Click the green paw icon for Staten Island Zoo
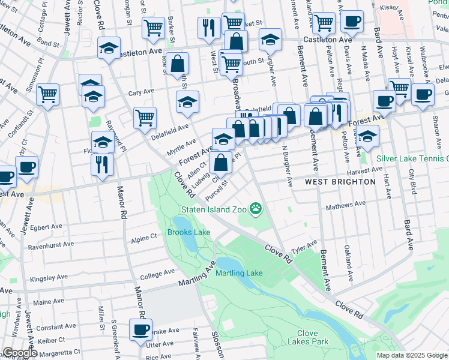click(256, 209)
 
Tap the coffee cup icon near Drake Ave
click(142, 329)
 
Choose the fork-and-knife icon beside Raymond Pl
click(103, 164)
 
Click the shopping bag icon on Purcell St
click(221, 161)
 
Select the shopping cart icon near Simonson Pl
click(47, 94)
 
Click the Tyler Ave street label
click(303, 246)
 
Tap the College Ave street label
click(157, 277)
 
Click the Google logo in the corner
click(20, 353)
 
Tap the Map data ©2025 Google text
click(412, 355)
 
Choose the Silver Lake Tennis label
click(412, 159)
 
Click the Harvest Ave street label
click(364, 170)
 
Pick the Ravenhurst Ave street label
click(50, 245)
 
